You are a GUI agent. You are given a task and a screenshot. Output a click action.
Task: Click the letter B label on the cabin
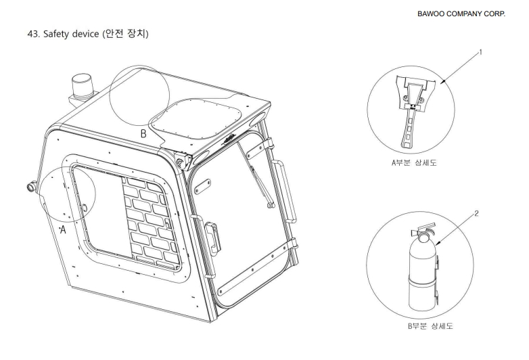pos(143,133)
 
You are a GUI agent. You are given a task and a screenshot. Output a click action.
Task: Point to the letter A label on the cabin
pos(62,231)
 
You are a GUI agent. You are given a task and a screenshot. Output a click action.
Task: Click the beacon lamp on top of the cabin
pos(79,87)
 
